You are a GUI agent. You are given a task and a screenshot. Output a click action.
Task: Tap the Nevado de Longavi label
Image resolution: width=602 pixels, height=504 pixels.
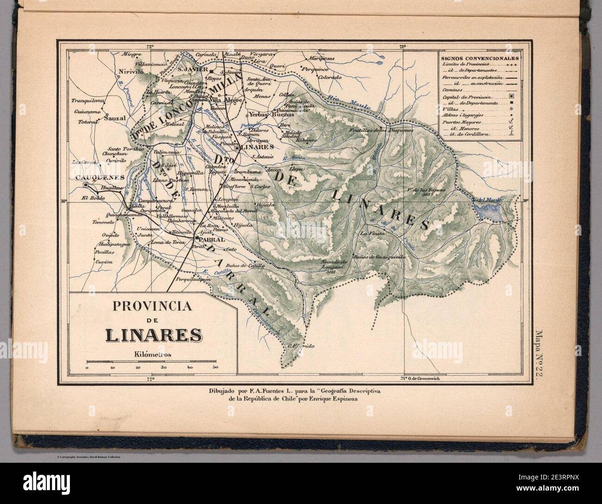[334, 265]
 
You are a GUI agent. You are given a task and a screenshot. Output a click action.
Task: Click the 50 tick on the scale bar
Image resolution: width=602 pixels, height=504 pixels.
[215, 367]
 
